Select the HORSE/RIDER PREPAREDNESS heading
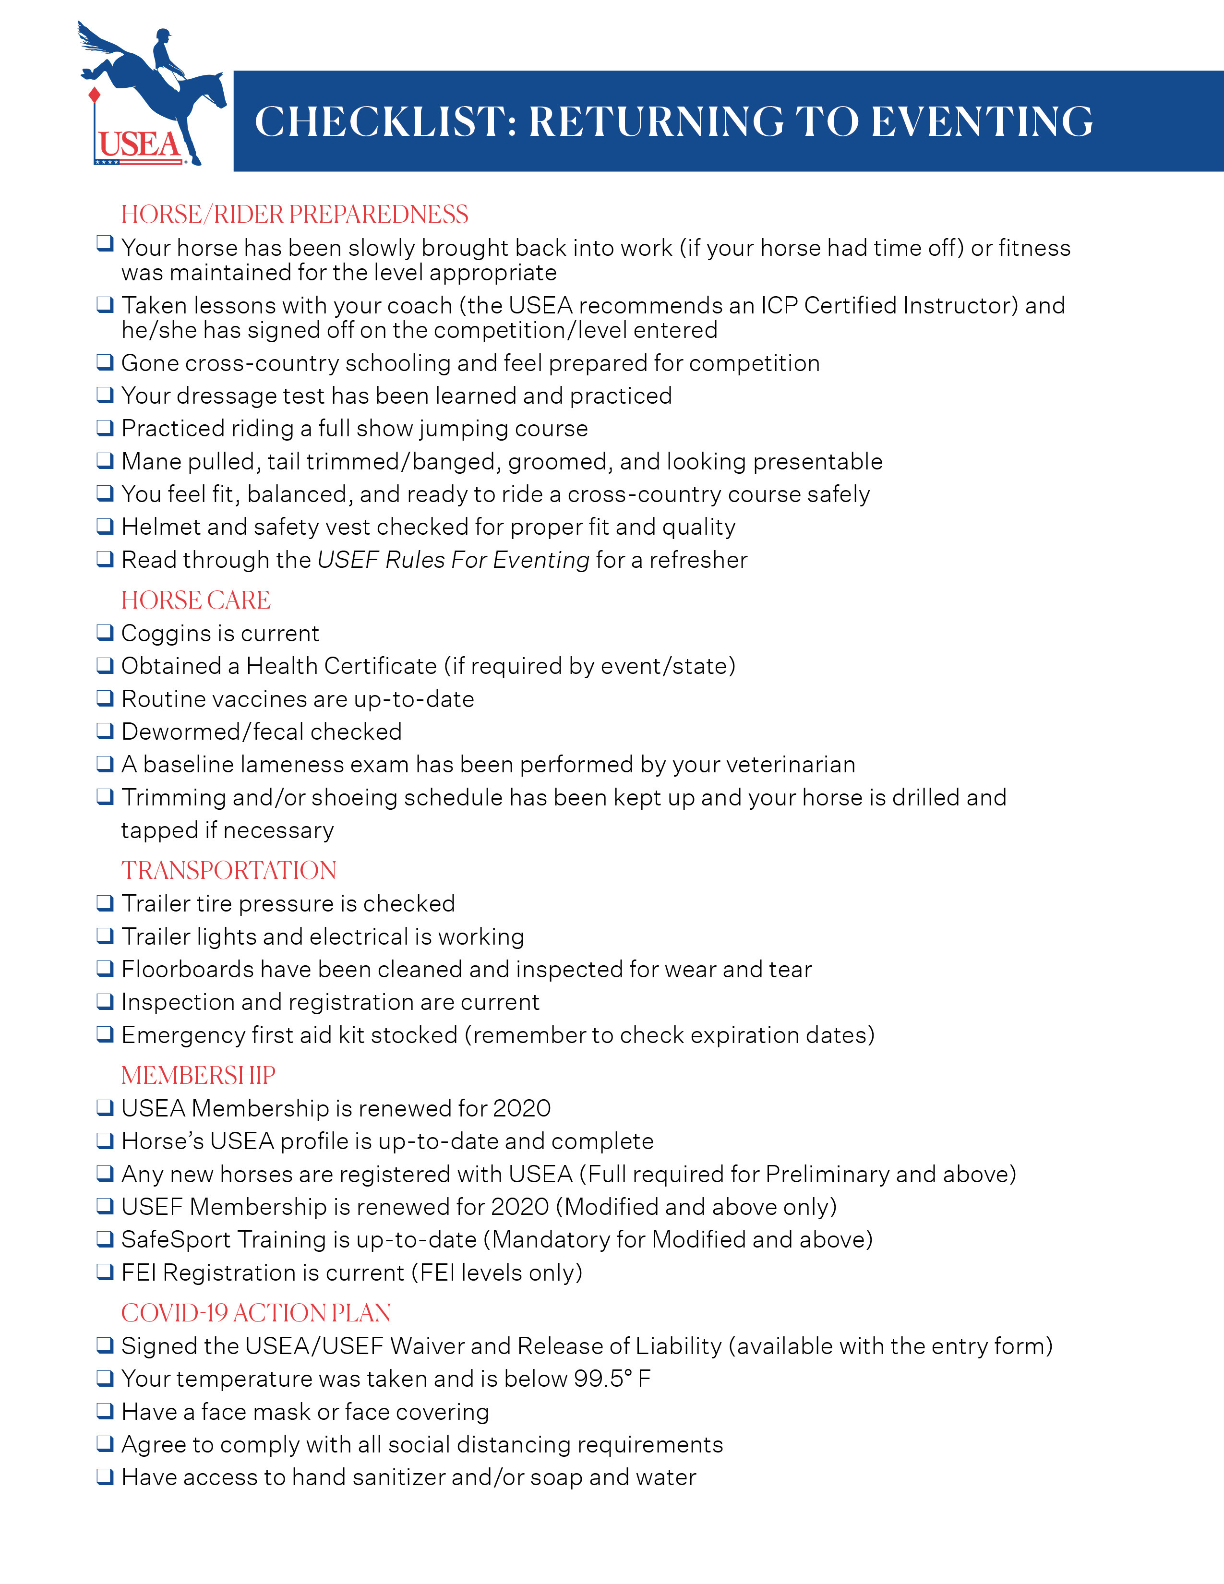click(294, 215)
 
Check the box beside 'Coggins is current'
click(105, 633)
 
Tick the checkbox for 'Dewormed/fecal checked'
click(105, 731)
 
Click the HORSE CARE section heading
click(196, 600)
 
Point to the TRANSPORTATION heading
click(228, 870)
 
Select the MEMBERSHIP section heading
click(198, 1075)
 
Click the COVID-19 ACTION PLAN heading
click(256, 1313)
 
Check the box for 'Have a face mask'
click(105, 1411)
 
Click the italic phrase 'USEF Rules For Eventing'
click(453, 560)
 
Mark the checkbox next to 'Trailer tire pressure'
click(105, 903)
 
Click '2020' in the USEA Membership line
click(521, 1108)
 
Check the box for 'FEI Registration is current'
click(105, 1272)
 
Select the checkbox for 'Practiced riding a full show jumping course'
click(105, 428)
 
